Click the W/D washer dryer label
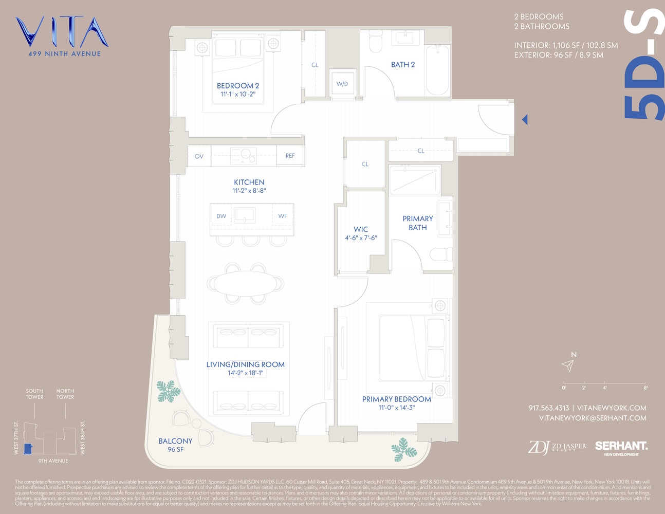tap(342, 84)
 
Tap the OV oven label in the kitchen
tap(199, 156)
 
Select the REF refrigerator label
tap(290, 156)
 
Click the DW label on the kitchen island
tap(221, 216)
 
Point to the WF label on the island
tap(283, 216)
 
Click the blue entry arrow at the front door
tap(525, 119)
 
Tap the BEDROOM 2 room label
tap(238, 86)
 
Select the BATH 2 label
tap(403, 65)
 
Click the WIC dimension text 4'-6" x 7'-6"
tap(361, 238)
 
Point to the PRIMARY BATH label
tap(417, 223)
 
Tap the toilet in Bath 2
tap(376, 41)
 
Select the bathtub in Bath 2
tap(437, 69)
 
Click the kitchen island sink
tap(245, 215)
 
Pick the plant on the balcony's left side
tap(168, 391)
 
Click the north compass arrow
tap(568, 365)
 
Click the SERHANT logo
tap(621, 447)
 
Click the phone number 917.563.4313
tap(548, 408)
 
